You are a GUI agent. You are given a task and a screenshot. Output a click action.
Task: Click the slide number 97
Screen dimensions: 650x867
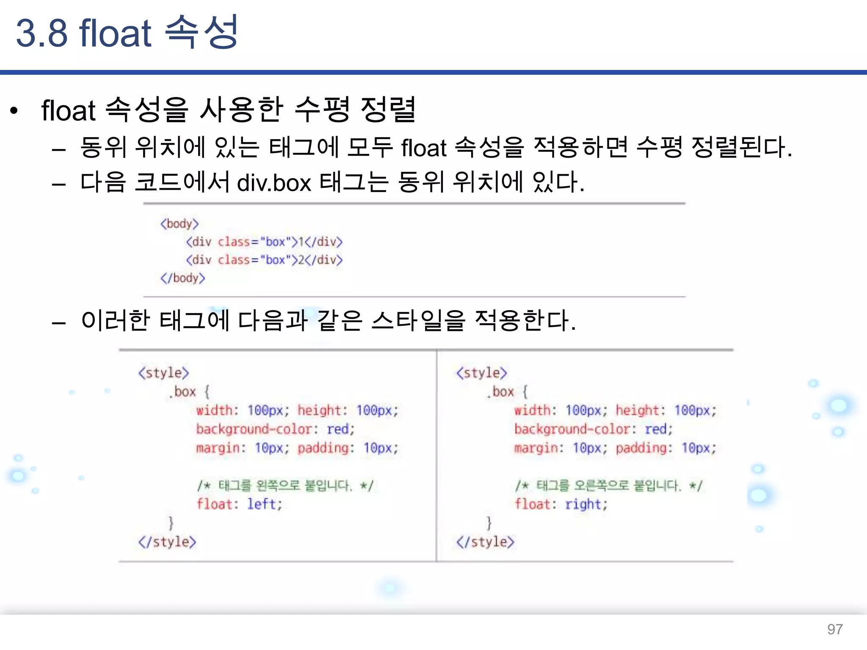835,629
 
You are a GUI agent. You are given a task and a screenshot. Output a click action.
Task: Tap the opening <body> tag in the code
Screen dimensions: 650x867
179,223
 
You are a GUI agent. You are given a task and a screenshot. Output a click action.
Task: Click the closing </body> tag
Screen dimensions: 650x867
183,278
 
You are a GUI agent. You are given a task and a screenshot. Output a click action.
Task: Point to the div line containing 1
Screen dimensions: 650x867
264,242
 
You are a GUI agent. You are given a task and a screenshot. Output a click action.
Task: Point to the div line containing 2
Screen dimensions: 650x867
264,260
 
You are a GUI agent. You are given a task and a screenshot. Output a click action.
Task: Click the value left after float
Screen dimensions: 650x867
264,504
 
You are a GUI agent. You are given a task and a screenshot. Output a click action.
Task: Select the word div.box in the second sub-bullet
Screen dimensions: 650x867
274,183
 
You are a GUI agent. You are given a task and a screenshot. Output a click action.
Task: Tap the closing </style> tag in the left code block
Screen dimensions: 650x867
167,542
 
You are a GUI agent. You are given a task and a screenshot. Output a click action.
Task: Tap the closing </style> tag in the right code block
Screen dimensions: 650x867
485,542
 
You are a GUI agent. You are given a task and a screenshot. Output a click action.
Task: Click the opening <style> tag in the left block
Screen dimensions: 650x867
163,373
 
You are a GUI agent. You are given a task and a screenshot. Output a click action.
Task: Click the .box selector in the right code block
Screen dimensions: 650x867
500,392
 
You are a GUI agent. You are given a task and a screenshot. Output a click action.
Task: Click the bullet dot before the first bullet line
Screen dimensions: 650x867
14,111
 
